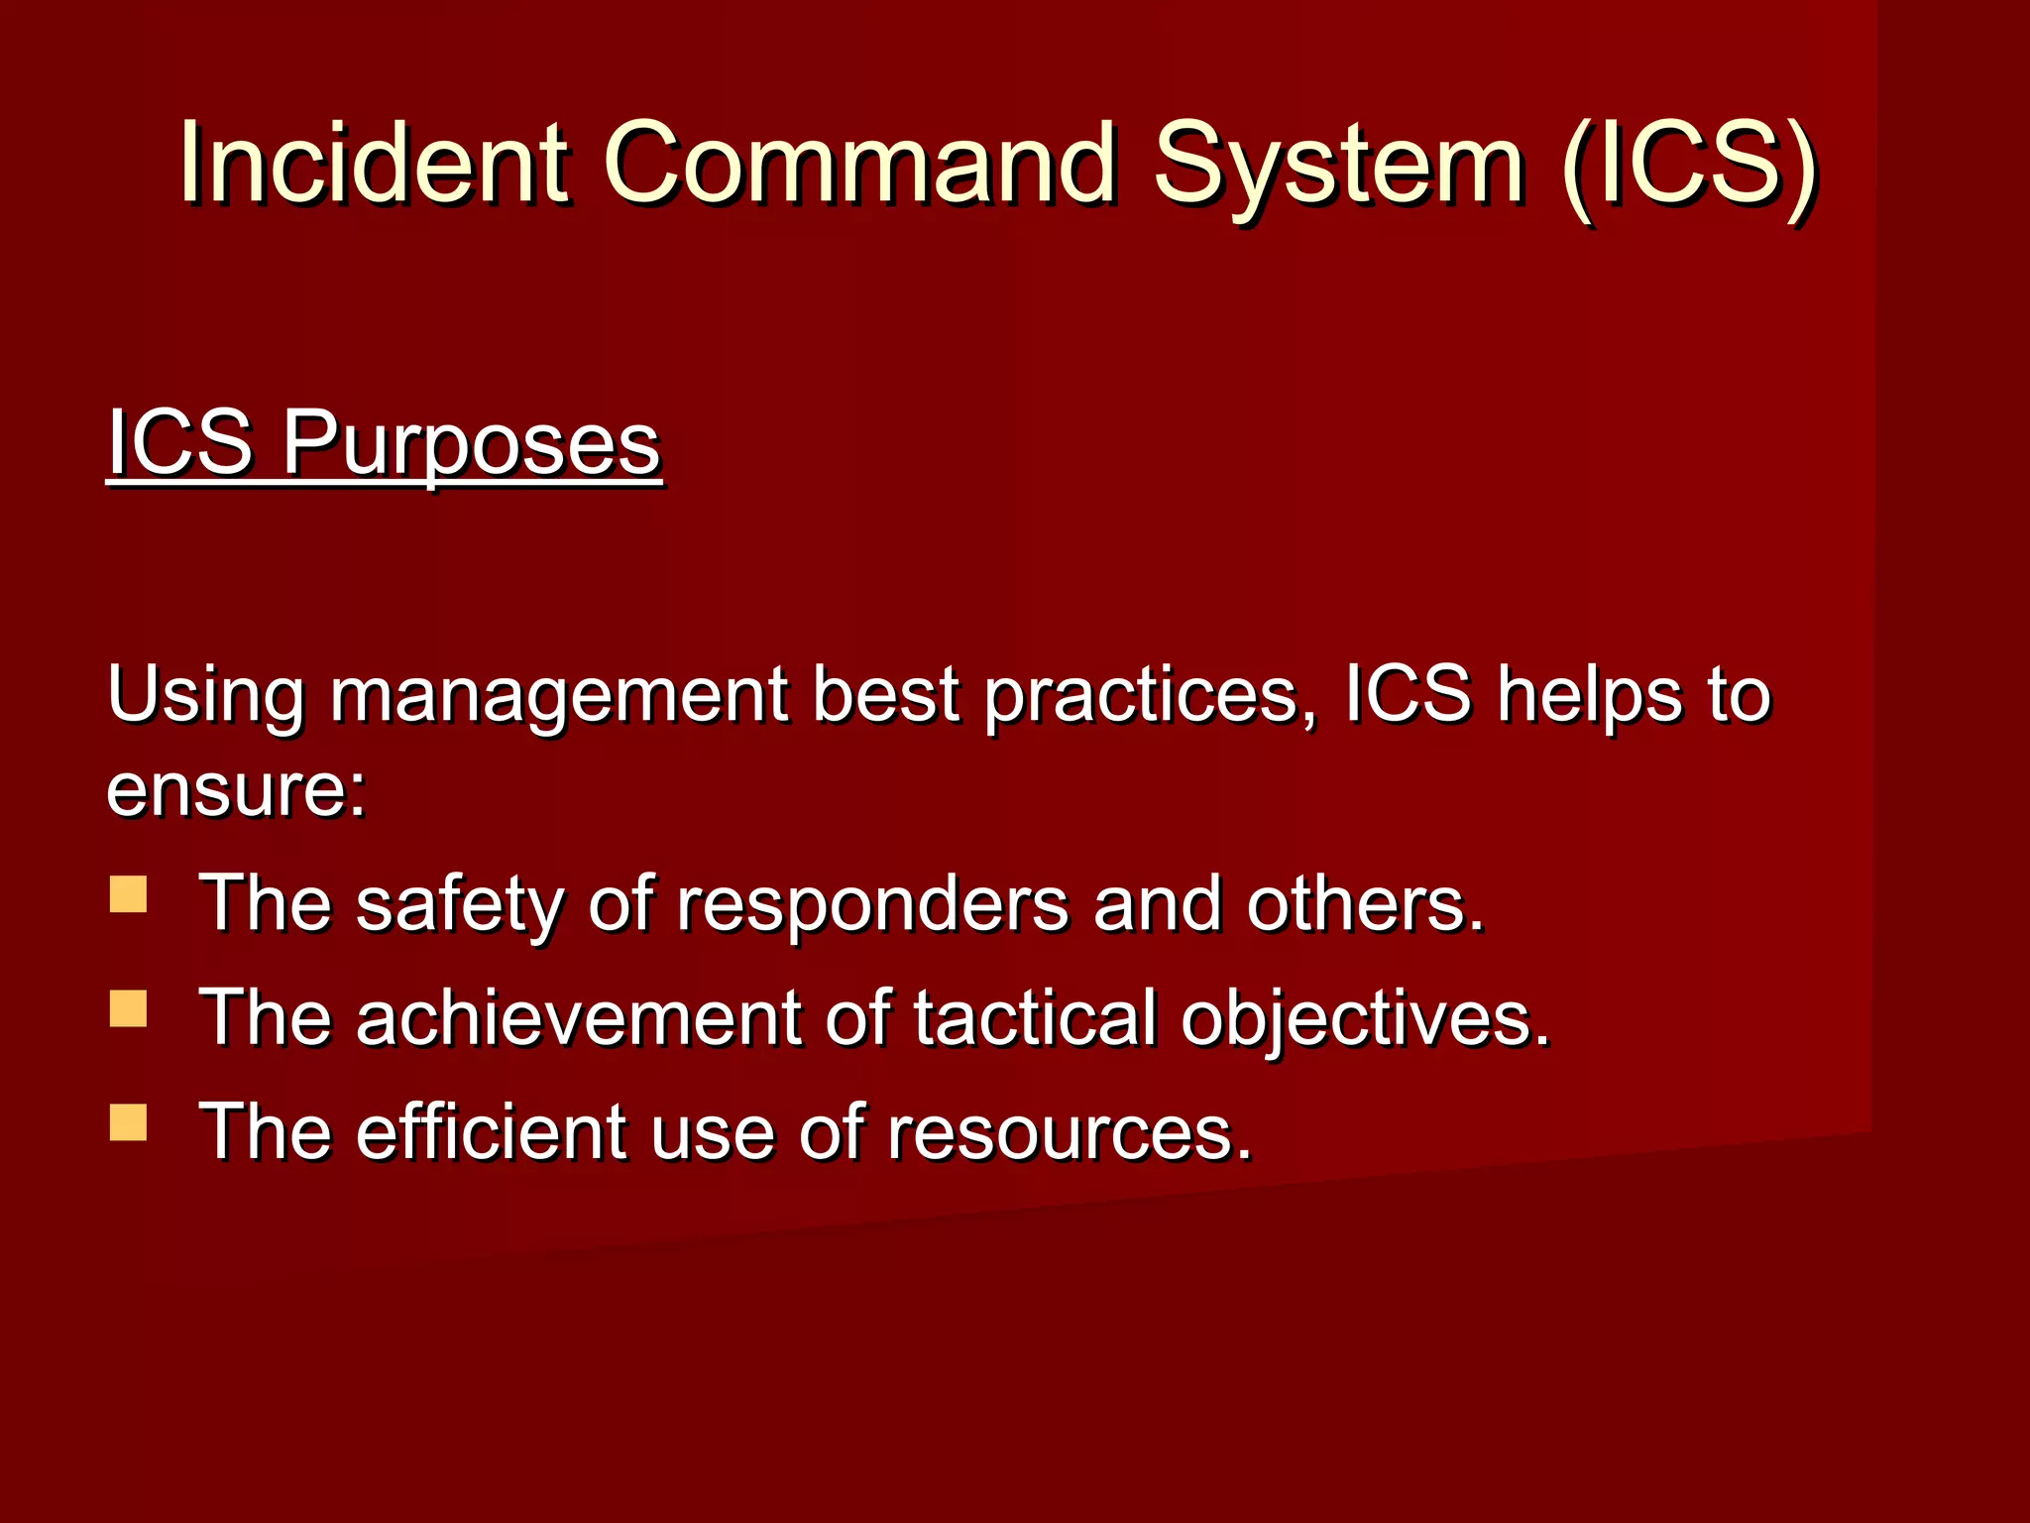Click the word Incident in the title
pyautogui.click(x=375, y=163)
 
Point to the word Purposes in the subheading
pyautogui.click(x=472, y=444)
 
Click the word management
pyautogui.click(x=559, y=696)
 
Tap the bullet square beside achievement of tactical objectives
pyautogui.click(x=129, y=1008)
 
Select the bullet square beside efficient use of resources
pyautogui.click(x=129, y=1123)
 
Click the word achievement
pyautogui.click(x=578, y=1018)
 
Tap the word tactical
pyautogui.click(x=1035, y=1018)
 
